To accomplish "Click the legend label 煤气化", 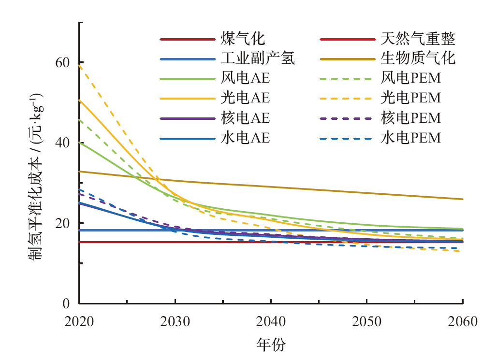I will click(243, 39).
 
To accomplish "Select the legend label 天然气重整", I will click(418, 39).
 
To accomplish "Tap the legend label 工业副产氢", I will click(258, 59).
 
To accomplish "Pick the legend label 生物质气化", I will click(418, 59).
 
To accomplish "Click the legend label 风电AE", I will click(245, 78).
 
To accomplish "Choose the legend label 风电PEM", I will click(411, 78).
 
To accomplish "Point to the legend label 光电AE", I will click(245, 98).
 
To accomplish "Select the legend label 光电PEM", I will click(411, 98).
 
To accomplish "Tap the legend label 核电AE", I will click(245, 118).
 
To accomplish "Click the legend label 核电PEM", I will click(411, 118).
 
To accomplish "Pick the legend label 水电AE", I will click(245, 138).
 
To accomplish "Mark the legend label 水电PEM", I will click(411, 138).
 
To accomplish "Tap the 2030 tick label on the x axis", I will click(175, 322).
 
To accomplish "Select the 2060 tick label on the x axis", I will click(463, 322).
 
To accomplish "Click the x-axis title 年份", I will click(271, 345).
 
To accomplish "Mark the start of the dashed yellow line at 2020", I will click(79, 65).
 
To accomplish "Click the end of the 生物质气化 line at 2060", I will click(463, 199).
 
